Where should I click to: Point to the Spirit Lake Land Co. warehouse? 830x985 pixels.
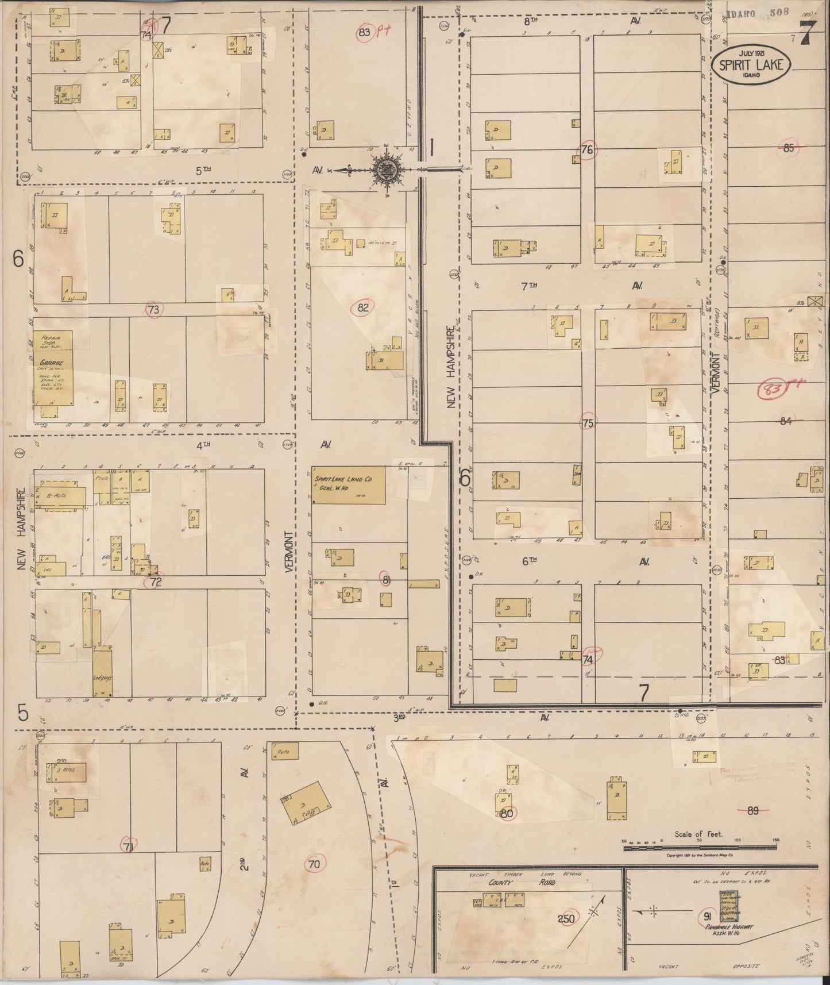tap(349, 485)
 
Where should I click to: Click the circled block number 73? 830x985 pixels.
tap(153, 310)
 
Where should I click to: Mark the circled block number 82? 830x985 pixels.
tap(362, 307)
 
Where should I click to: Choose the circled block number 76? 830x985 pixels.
tap(587, 150)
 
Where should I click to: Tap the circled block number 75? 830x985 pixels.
tap(587, 423)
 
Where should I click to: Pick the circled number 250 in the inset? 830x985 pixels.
tap(566, 919)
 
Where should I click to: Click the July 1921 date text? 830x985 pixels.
tap(753, 53)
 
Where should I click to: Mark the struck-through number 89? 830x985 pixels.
tap(752, 811)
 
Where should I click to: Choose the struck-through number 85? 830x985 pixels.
tap(788, 148)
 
